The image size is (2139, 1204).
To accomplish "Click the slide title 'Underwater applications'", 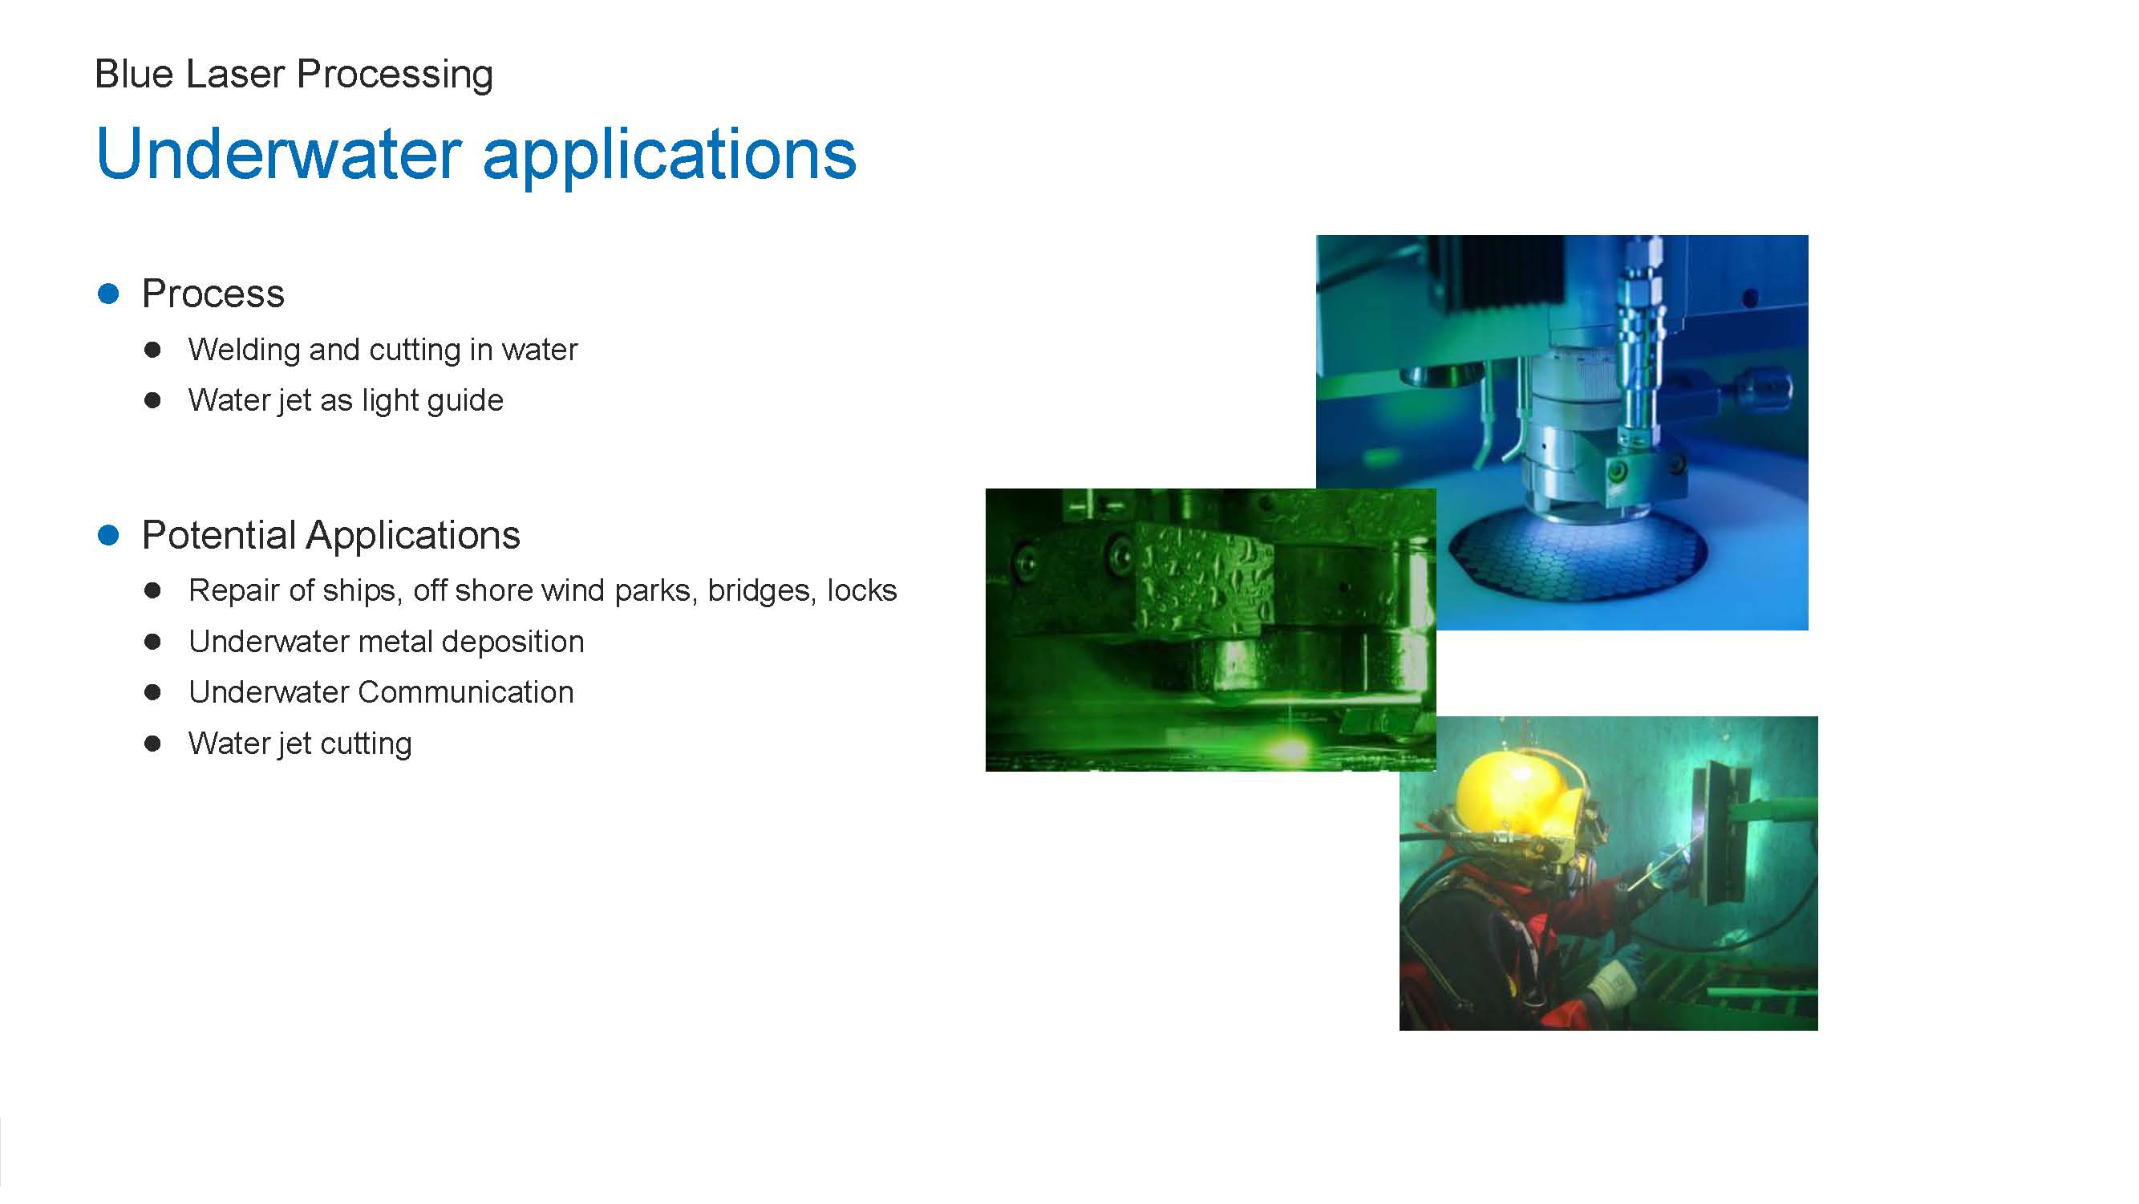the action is pyautogui.click(x=476, y=155).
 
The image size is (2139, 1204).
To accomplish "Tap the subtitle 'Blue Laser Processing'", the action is pyautogui.click(x=294, y=75).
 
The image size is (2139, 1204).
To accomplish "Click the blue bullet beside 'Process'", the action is pyautogui.click(x=108, y=293).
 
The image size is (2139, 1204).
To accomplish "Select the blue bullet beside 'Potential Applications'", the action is pyautogui.click(x=108, y=535).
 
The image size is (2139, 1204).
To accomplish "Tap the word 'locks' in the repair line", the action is pyautogui.click(x=862, y=590).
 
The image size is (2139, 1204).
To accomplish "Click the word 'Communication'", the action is pyautogui.click(x=466, y=692).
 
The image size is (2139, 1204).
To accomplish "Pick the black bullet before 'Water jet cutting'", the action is pyautogui.click(x=152, y=744).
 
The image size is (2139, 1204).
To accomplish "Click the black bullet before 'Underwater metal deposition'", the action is pyautogui.click(x=152, y=642).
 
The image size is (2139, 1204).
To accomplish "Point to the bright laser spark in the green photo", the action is pyautogui.click(x=1290, y=748).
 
